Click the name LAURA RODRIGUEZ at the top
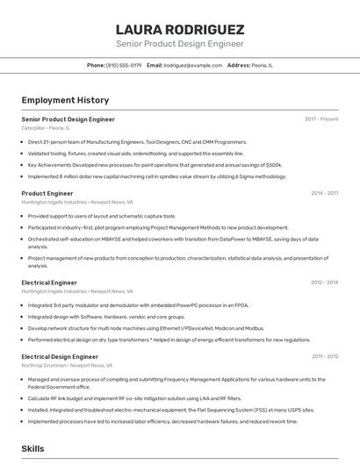179,28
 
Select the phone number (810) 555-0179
124,65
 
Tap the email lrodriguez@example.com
192,65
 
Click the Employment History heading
65,100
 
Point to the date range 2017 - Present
321,118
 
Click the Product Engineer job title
47,193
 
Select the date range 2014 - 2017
324,193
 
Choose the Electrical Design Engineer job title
60,357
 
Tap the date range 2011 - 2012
324,357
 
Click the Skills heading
33,448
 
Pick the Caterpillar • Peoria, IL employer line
46,128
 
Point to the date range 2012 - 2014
324,283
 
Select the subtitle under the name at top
179,44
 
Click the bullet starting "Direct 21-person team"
137,141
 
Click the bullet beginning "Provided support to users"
102,216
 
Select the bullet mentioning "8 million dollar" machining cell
156,175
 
